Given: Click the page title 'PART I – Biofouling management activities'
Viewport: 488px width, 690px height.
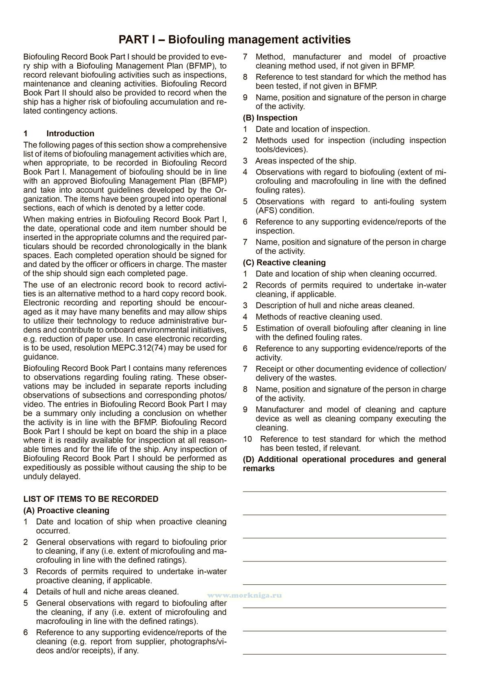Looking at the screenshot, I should coord(234,39).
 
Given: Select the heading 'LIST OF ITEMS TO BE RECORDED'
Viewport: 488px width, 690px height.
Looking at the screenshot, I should coord(91,499).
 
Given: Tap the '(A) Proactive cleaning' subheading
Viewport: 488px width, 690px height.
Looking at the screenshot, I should coord(66,510).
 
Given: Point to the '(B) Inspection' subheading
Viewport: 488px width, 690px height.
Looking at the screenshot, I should coord(270,118).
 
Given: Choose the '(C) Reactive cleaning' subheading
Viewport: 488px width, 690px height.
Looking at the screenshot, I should coord(284,263).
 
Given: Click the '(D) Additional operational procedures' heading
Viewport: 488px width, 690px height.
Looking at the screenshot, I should coord(344,459).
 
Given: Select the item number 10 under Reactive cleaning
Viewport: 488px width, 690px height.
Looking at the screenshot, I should coord(248,439).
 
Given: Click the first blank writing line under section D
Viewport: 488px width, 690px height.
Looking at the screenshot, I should coord(344,492).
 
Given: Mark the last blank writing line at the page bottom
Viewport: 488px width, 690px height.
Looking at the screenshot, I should coord(344,654).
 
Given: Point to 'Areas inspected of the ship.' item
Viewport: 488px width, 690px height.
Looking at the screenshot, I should coord(305,161).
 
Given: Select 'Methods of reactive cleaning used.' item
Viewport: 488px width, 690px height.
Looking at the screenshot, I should coord(319,317).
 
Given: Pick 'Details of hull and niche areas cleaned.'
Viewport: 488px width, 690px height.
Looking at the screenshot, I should coord(107,592).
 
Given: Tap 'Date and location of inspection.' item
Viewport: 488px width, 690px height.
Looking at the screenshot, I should coord(313,129).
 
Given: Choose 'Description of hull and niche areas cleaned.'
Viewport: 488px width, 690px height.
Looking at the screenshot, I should coord(335,306).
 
